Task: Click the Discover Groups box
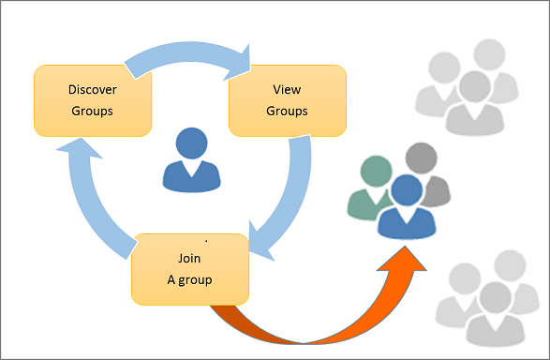click(x=91, y=99)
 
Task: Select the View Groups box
click(x=288, y=99)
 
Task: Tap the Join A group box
click(x=189, y=269)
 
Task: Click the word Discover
click(x=91, y=90)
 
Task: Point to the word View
click(x=288, y=90)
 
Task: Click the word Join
click(x=189, y=258)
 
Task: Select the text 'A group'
click(x=189, y=279)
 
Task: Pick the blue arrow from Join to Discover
click(x=89, y=197)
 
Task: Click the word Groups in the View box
click(x=288, y=110)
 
